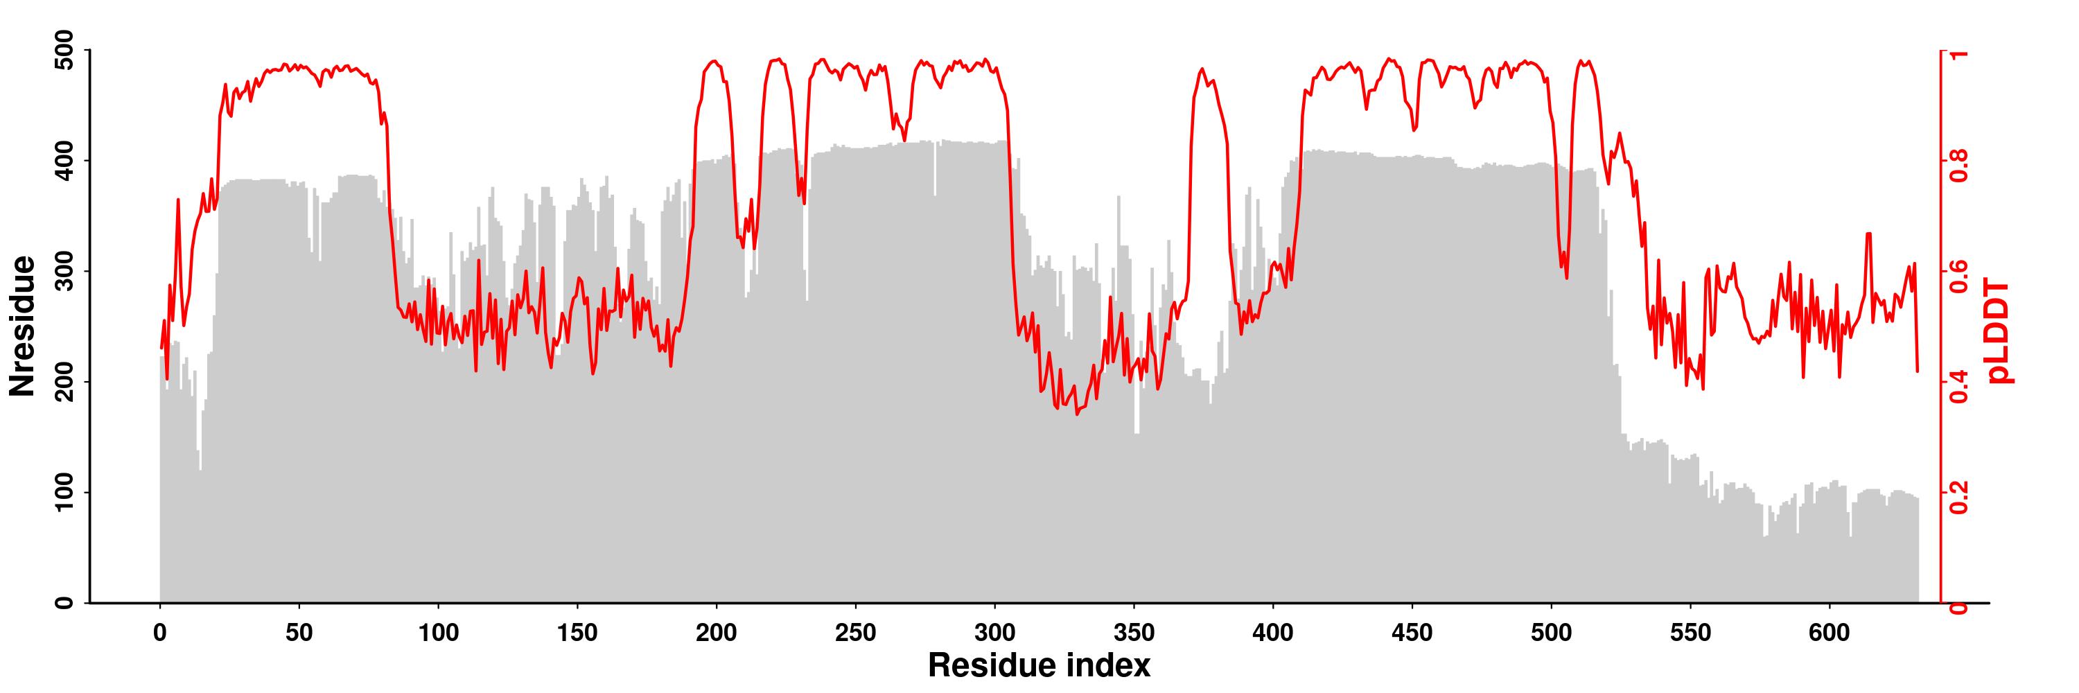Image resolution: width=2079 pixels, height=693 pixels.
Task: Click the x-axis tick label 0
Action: (x=160, y=633)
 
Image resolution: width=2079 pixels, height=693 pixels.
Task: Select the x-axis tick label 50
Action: (x=299, y=633)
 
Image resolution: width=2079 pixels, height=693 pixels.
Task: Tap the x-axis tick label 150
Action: (x=577, y=633)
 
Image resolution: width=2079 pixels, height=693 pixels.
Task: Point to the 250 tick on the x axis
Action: (x=855, y=633)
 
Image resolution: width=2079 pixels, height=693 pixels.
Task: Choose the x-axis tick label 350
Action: (x=1134, y=633)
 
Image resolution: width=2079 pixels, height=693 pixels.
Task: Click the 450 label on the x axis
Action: (x=1412, y=633)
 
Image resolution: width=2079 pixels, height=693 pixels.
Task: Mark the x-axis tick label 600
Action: (x=1830, y=633)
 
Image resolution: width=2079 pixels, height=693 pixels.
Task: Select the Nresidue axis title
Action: (x=23, y=326)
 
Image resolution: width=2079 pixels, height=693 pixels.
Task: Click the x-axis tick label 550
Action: (x=1691, y=633)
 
